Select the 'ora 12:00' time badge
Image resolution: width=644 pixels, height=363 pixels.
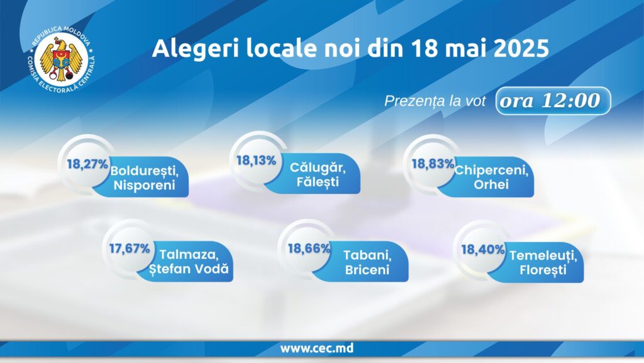pyautogui.click(x=553, y=100)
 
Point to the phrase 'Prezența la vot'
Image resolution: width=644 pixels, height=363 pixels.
pyautogui.click(x=435, y=101)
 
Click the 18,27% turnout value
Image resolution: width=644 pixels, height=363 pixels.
pyautogui.click(x=87, y=164)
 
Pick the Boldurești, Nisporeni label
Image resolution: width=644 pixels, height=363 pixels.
pyautogui.click(x=144, y=177)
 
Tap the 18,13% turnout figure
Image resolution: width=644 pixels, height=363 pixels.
pyautogui.click(x=257, y=161)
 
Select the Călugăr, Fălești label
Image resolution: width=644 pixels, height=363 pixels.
pyautogui.click(x=318, y=174)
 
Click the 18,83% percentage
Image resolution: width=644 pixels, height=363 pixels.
pyautogui.click(x=433, y=164)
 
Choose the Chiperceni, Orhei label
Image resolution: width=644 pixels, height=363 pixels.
pyautogui.click(x=491, y=177)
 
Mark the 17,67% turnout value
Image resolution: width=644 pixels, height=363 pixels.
pyautogui.click(x=130, y=248)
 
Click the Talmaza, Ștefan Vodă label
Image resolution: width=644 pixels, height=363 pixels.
pyautogui.click(x=189, y=262)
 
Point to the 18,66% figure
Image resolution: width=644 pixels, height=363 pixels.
pyautogui.click(x=309, y=248)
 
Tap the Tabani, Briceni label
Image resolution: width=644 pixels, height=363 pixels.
pyautogui.click(x=367, y=262)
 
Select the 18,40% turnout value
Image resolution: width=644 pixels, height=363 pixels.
pyautogui.click(x=482, y=250)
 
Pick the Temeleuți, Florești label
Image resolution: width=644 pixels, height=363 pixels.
pyautogui.click(x=543, y=263)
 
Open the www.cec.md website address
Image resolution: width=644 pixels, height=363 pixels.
pyautogui.click(x=317, y=348)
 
